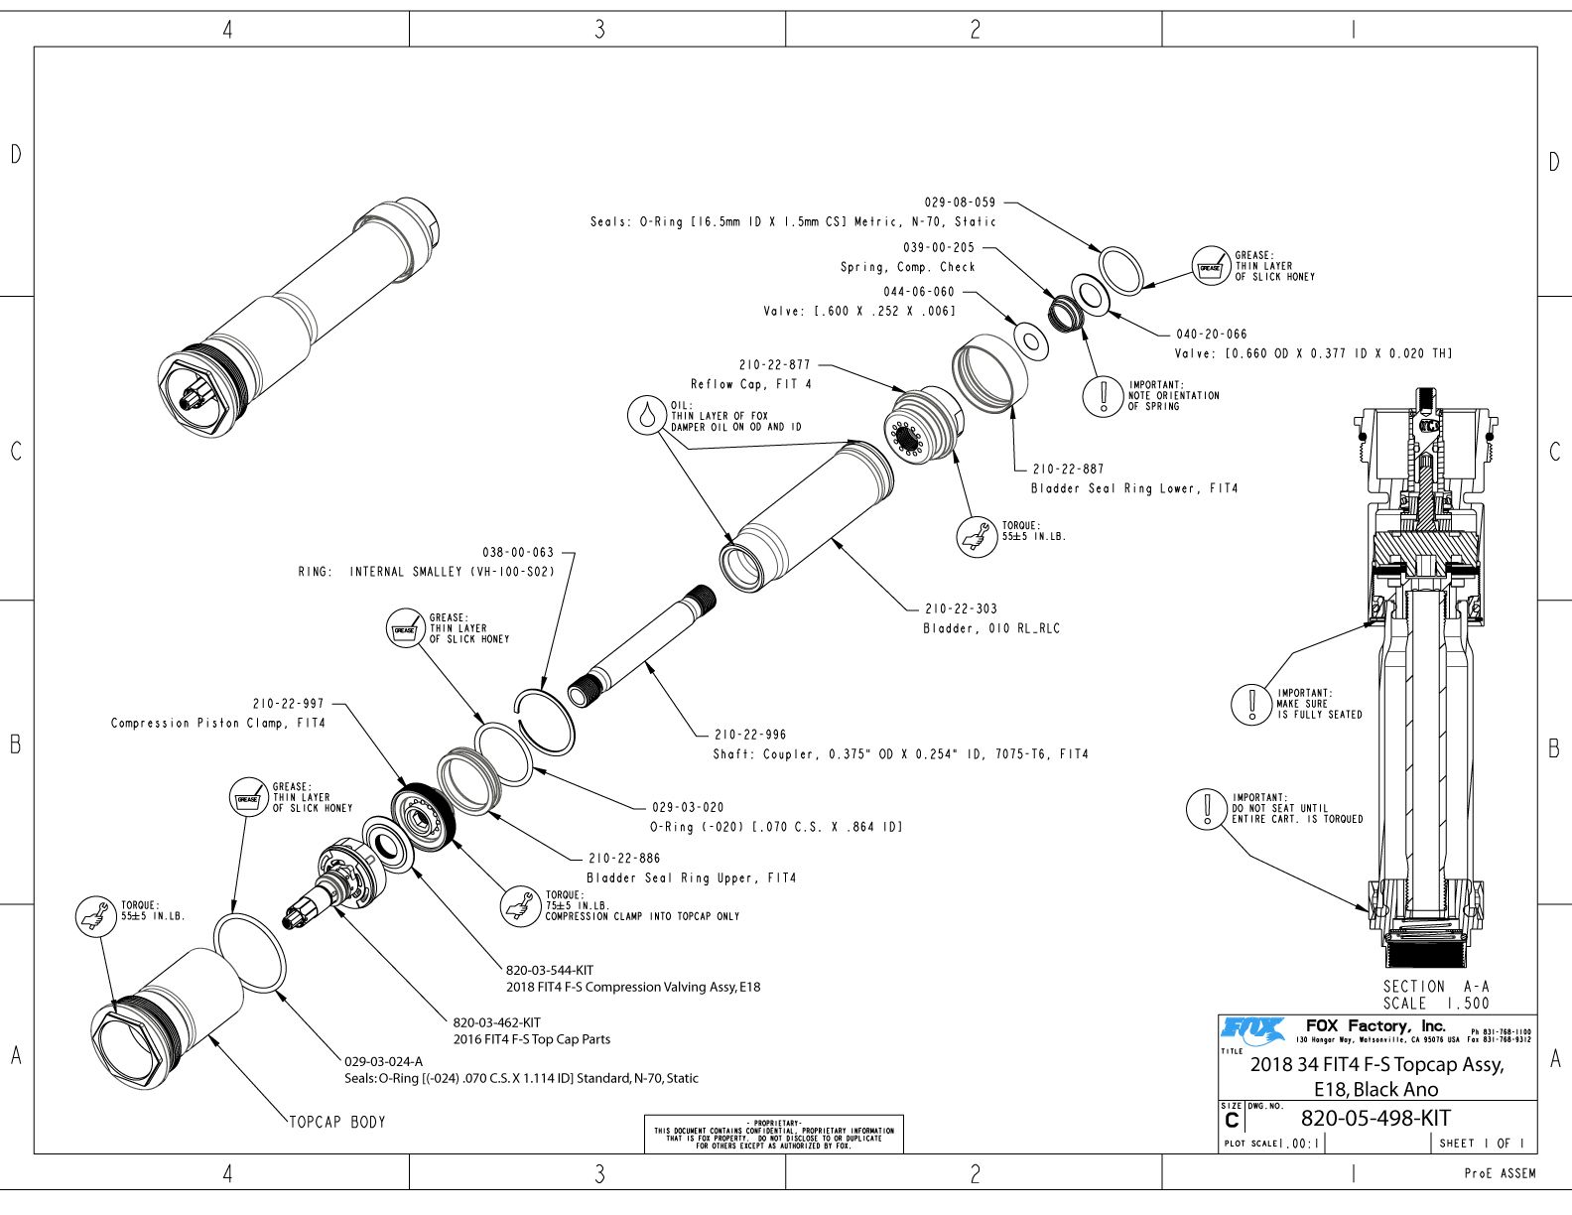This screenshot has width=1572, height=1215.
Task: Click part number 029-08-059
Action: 960,202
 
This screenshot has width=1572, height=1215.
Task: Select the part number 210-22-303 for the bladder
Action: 962,609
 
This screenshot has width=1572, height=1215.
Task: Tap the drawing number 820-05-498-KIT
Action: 1375,1119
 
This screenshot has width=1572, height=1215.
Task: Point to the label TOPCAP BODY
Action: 337,1123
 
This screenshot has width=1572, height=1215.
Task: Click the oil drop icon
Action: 647,415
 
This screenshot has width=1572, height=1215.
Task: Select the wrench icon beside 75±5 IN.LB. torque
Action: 521,906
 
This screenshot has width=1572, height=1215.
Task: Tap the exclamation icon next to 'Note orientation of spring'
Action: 1103,396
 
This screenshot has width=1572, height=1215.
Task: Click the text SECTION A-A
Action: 1436,987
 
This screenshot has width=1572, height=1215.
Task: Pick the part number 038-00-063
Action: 518,553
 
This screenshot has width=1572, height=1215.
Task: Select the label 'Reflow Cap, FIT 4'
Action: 751,384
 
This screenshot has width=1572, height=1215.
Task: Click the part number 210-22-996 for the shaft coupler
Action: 750,735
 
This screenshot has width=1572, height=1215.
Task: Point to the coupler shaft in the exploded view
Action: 642,646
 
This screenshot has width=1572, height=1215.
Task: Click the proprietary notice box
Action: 774,1134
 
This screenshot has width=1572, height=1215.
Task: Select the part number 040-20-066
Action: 1212,335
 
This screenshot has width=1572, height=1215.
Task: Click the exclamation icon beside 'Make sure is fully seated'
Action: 1251,704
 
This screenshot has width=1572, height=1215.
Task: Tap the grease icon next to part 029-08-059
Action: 1211,266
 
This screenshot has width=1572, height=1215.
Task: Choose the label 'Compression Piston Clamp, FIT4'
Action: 217,723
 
